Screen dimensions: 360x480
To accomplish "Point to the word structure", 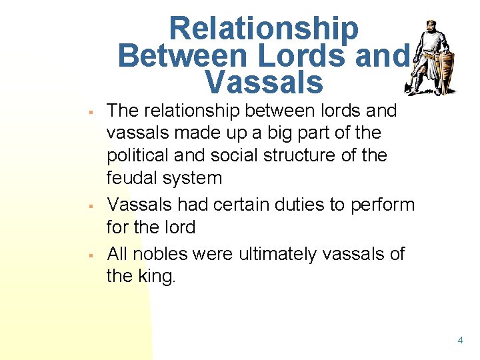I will click(x=319, y=155).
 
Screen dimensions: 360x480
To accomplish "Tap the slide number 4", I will click(x=460, y=341).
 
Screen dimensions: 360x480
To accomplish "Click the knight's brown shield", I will click(x=444, y=71).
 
